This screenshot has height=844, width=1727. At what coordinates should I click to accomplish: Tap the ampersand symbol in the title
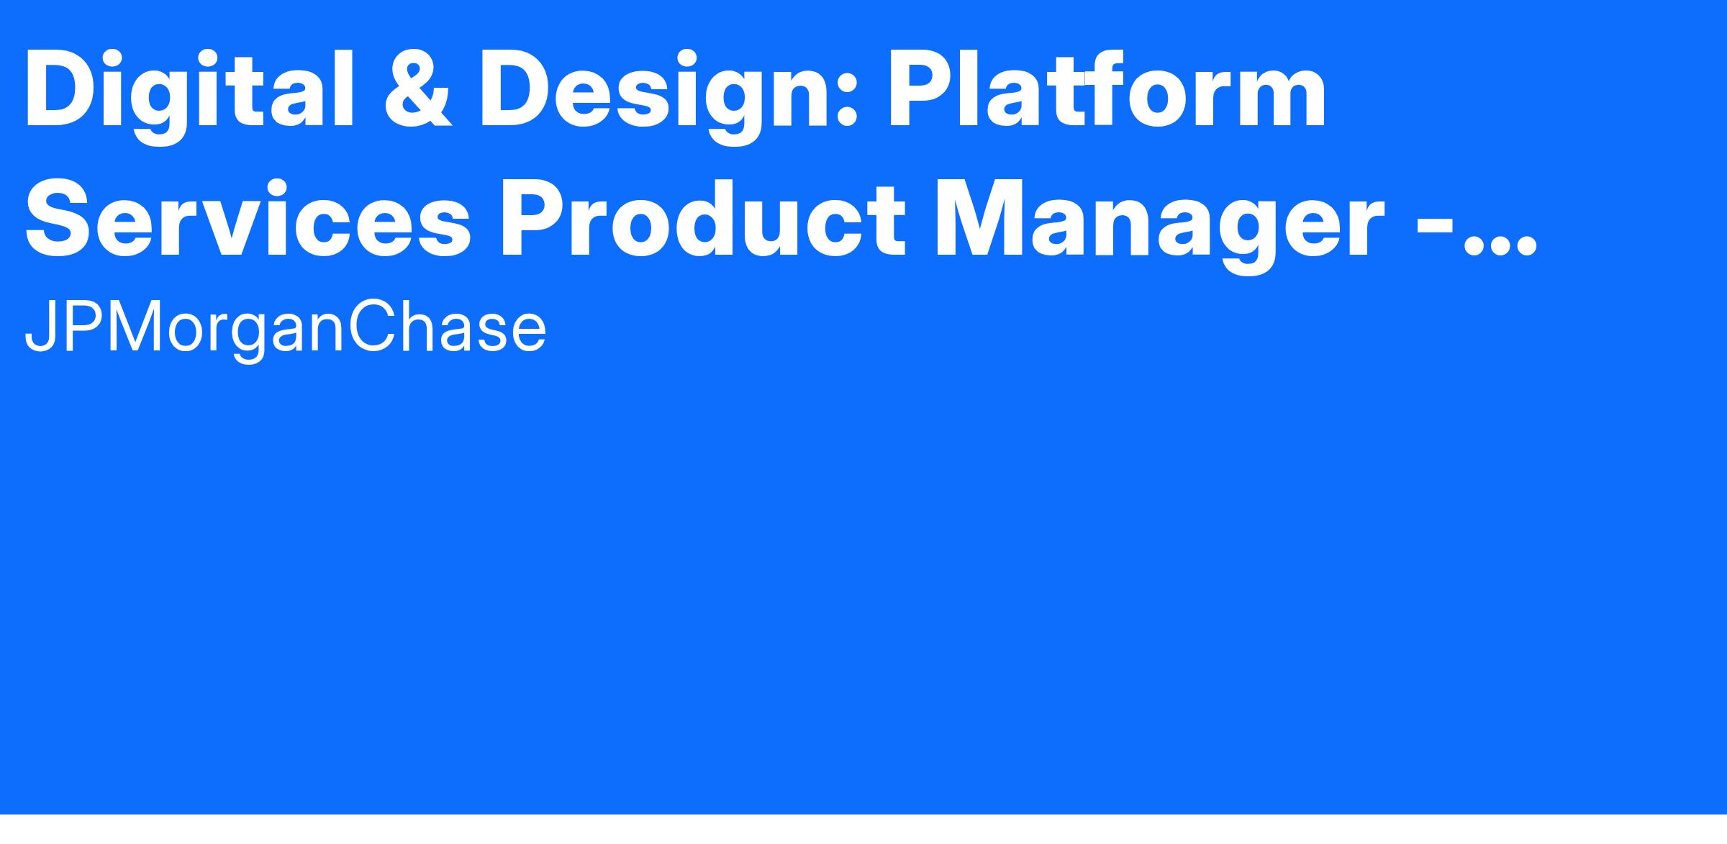coord(418,91)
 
